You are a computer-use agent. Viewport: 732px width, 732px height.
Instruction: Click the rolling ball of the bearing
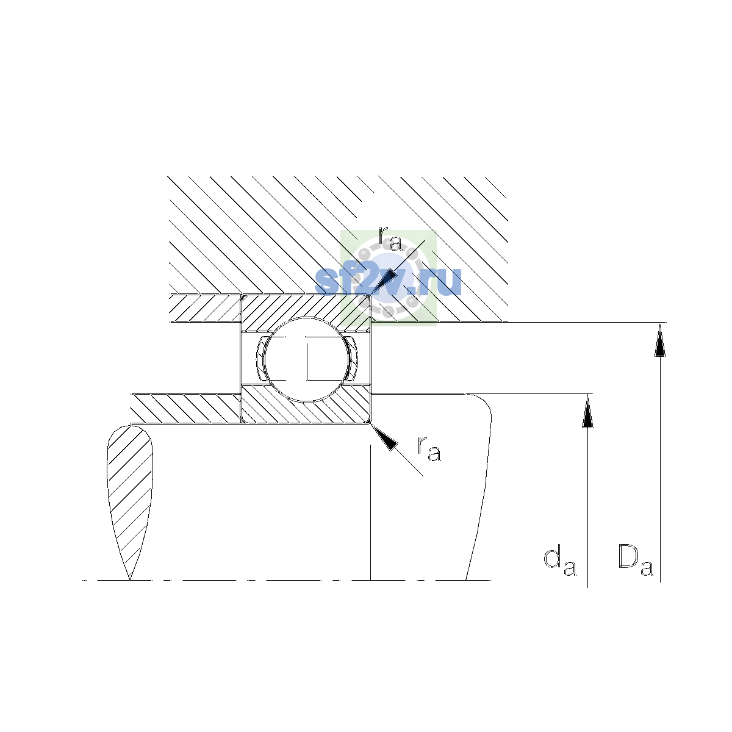[306, 359]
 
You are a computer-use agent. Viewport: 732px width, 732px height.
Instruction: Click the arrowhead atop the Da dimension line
[660, 339]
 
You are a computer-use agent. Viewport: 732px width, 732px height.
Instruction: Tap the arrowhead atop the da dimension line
[587, 411]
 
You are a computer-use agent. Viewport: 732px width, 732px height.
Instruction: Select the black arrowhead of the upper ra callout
[384, 281]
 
